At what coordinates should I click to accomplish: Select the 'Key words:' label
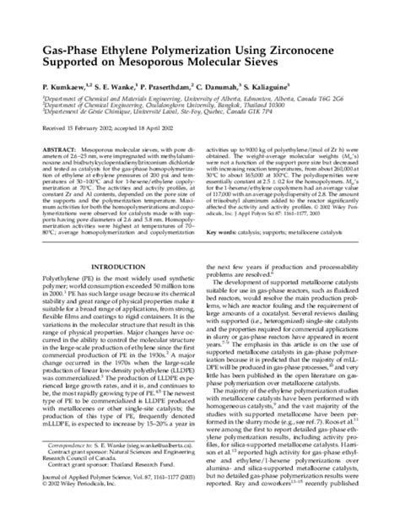[223, 231]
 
